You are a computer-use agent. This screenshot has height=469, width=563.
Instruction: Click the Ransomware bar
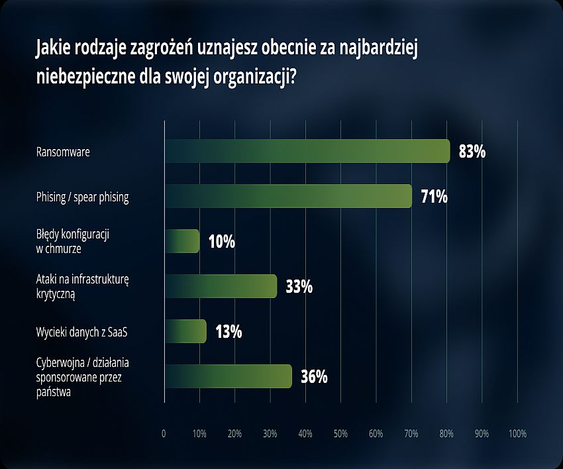[307, 151]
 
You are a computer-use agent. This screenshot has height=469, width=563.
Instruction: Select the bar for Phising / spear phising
[288, 196]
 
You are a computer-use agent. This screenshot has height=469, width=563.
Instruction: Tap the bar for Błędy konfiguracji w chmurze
[181, 241]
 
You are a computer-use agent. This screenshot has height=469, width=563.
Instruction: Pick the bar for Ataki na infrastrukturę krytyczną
[220, 286]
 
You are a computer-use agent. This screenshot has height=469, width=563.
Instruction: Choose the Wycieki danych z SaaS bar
[185, 331]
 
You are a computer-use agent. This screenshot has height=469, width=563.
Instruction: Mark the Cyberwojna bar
[228, 376]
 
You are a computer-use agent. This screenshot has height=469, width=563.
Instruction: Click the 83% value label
[472, 152]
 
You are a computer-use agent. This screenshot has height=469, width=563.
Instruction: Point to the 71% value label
[435, 197]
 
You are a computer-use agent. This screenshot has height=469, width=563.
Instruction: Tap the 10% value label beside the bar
[222, 242]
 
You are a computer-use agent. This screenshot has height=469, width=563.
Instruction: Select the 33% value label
[299, 287]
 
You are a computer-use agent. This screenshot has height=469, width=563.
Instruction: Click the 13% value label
[229, 332]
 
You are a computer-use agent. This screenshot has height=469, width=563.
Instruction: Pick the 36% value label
[314, 377]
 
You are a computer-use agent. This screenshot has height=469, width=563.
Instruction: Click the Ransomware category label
[63, 152]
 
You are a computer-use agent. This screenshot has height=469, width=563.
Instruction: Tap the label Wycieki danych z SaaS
[81, 331]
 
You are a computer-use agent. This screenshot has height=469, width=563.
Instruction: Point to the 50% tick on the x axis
[340, 434]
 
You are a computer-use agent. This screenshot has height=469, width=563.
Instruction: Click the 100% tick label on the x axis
[517, 434]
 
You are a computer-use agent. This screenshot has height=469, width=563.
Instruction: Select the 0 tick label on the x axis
[164, 434]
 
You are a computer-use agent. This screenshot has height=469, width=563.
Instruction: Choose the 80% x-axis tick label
[446, 434]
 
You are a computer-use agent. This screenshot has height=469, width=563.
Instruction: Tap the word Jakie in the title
[53, 48]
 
